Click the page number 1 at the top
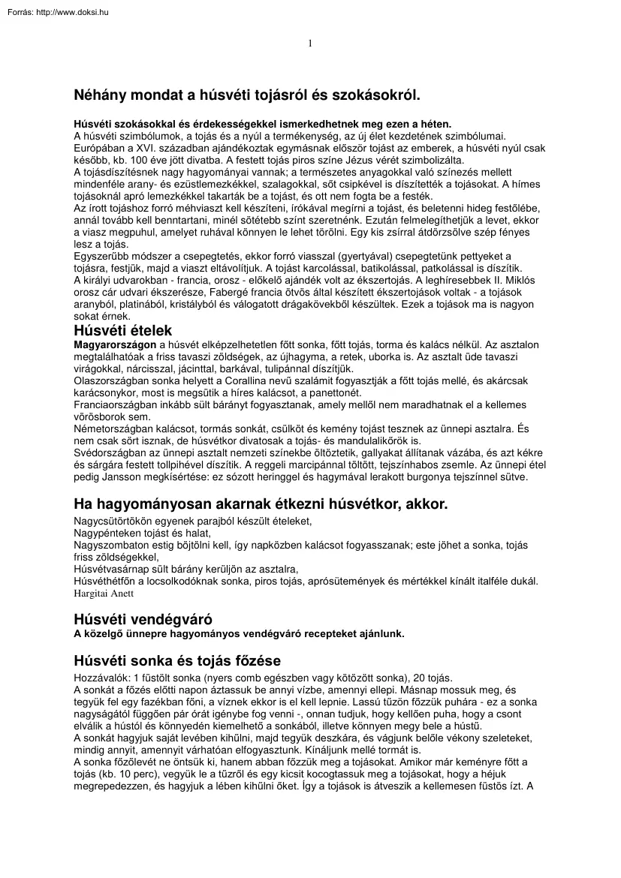point(310,43)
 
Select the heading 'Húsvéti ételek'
point(122,330)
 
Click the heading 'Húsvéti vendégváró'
point(143,619)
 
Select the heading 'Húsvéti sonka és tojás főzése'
point(177,661)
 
